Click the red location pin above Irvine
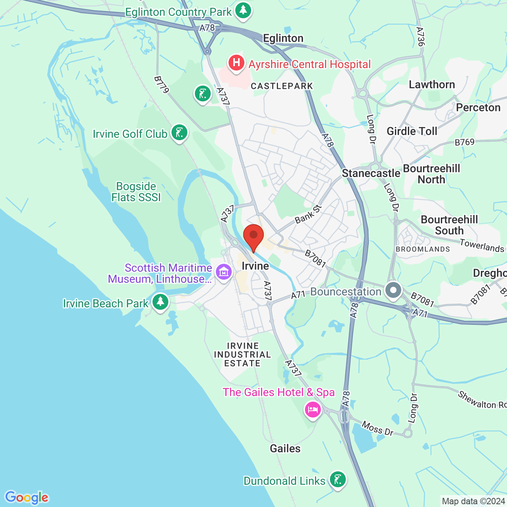(253, 236)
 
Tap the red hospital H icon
(236, 63)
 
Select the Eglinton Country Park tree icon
(243, 11)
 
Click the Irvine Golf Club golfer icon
(179, 133)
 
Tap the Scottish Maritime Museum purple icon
(224, 272)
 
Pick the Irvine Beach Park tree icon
(160, 302)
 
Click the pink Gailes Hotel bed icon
(313, 409)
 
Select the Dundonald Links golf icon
(337, 480)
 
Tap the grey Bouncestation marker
(393, 290)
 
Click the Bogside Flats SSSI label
(136, 192)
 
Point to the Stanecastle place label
(371, 173)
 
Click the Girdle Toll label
(412, 131)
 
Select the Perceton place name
(478, 108)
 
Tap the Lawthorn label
(432, 85)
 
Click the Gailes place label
(285, 448)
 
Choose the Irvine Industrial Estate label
(242, 355)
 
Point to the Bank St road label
(308, 214)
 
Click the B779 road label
(162, 85)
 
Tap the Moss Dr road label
(377, 429)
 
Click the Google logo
(27, 497)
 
